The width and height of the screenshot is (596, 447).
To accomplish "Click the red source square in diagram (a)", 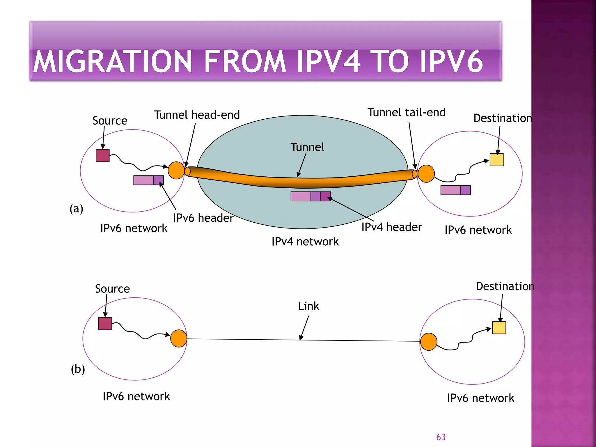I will coord(102,155).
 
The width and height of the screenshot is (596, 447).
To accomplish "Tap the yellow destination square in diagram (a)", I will coord(496,160).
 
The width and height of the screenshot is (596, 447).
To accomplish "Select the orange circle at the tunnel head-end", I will coord(176,171).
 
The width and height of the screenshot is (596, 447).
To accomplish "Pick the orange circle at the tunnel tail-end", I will coord(426,174).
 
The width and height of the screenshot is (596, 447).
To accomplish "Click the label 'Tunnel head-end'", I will coord(197,115).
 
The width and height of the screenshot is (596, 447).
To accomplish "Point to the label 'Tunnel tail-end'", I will coord(406,113).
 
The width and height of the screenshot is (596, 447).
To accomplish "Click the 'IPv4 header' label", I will coord(391,227).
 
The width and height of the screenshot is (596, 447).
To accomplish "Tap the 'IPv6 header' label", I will coord(203,218).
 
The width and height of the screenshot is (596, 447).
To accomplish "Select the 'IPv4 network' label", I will coord(305,242).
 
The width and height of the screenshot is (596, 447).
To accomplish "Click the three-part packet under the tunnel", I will coord(311,196).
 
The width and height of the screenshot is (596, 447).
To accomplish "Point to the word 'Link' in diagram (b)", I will coord(308,306).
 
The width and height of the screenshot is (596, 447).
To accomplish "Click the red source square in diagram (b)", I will coord(105,324).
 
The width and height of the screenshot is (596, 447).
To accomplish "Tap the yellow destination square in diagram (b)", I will coord(499,328).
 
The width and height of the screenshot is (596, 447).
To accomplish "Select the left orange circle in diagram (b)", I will coord(179,338).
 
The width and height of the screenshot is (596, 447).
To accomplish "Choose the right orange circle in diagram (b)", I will coord(429,342).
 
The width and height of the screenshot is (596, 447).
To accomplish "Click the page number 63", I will coord(441,437).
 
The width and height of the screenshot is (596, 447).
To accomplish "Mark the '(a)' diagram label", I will coord(76,209).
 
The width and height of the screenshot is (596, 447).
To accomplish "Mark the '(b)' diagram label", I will coord(78,369).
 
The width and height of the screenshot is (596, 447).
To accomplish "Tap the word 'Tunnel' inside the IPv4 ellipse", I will coord(307,147).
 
